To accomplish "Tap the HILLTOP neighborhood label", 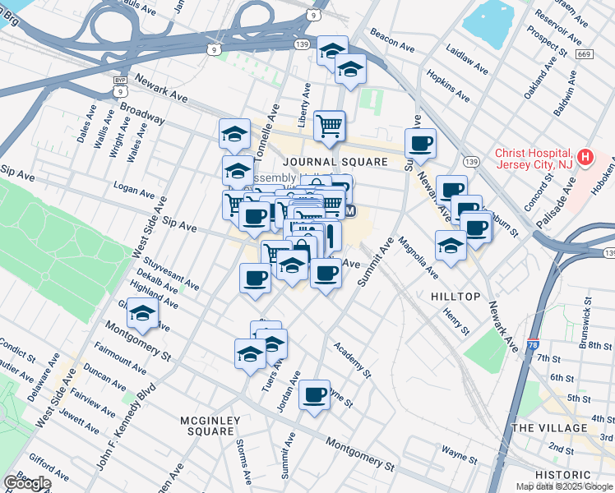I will (x=453, y=294).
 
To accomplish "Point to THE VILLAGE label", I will (x=550, y=428).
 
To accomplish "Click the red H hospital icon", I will (x=585, y=156).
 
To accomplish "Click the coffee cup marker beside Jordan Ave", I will (x=314, y=395).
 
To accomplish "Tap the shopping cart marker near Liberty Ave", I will (x=330, y=126).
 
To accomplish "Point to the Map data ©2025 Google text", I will (x=564, y=486).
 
